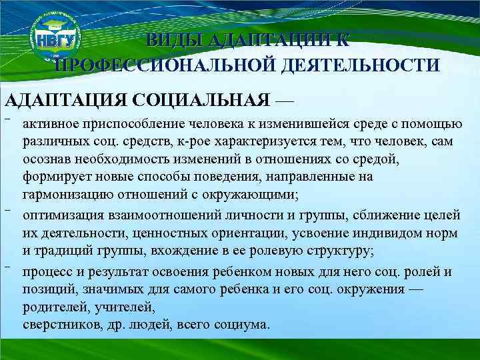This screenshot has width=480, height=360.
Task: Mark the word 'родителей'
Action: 51,307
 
